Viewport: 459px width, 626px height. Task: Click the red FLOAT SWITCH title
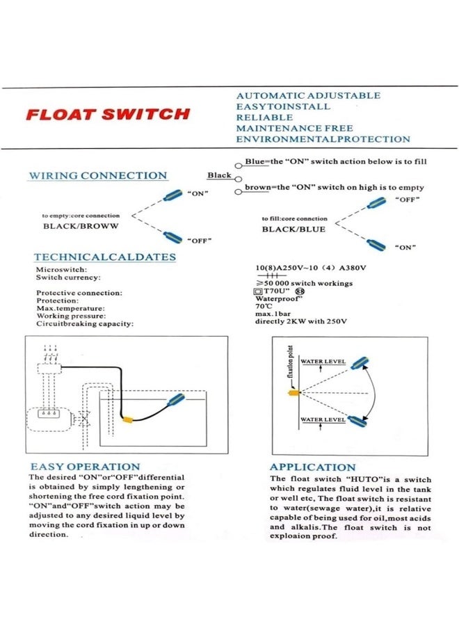[x=107, y=115]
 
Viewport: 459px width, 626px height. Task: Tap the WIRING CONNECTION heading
[x=97, y=176]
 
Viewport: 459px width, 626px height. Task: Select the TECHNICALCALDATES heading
[x=105, y=257]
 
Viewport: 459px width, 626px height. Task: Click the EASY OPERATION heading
[x=85, y=467]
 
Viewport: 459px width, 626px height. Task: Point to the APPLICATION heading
[x=312, y=467]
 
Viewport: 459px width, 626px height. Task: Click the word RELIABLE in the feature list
[x=264, y=118]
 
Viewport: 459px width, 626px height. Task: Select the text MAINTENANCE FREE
[x=294, y=128]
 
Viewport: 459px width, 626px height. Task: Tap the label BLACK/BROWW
[x=81, y=226]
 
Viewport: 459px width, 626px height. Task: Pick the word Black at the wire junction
[x=219, y=175]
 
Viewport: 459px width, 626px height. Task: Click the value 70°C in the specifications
[x=264, y=306]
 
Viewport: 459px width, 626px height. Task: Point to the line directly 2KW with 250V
[x=300, y=321]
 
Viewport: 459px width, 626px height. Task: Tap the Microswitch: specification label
[x=61, y=269]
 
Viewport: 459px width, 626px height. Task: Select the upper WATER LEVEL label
[x=323, y=362]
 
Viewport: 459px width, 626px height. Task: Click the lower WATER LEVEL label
[x=323, y=420]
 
